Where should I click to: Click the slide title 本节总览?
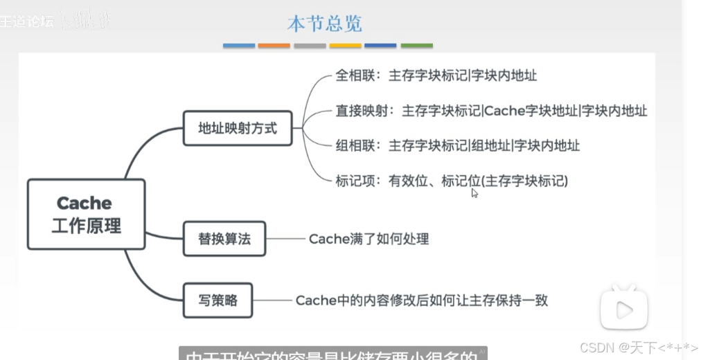[x=324, y=24]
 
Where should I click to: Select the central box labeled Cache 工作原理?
[x=86, y=214]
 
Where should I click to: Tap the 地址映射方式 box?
[x=238, y=128]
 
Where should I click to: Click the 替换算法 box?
[x=224, y=239]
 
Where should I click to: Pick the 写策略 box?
[x=218, y=300]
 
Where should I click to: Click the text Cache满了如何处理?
[x=369, y=239]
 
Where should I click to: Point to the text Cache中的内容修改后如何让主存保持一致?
[x=421, y=300]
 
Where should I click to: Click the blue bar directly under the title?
[x=239, y=46]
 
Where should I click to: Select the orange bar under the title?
[x=274, y=46]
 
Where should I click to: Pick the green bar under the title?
[x=416, y=46]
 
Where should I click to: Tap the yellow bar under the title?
[x=345, y=46]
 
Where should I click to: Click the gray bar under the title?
[x=310, y=46]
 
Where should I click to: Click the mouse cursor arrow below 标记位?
[x=474, y=193]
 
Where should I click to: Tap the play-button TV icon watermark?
[x=623, y=307]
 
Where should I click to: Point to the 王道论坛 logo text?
[x=28, y=21]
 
